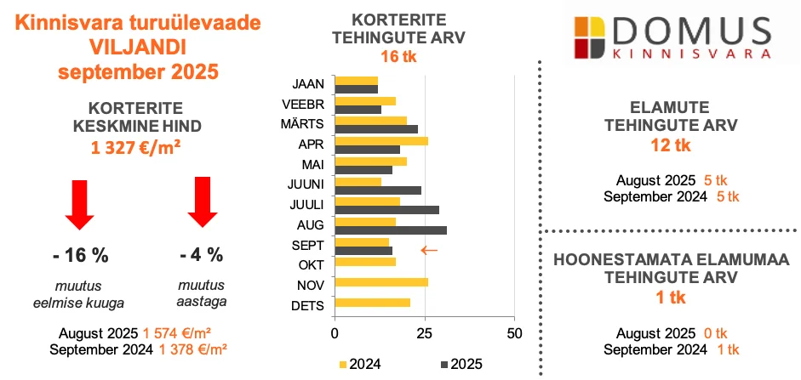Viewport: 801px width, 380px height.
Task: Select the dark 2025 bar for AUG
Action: tap(391, 230)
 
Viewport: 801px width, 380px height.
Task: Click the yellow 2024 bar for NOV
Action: tap(382, 282)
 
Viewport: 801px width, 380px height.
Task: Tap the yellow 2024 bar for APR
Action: tap(381, 141)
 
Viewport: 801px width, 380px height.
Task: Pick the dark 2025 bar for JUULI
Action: tap(387, 209)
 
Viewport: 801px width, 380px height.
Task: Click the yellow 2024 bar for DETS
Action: tap(373, 303)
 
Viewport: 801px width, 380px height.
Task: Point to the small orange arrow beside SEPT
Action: tap(430, 250)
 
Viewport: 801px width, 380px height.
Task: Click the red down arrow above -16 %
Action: tap(80, 204)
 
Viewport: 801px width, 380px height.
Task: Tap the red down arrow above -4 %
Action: tap(203, 201)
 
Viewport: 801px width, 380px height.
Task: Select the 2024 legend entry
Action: tap(360, 364)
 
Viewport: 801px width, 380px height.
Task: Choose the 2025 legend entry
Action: tap(461, 364)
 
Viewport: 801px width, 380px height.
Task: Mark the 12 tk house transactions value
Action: tap(669, 145)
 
